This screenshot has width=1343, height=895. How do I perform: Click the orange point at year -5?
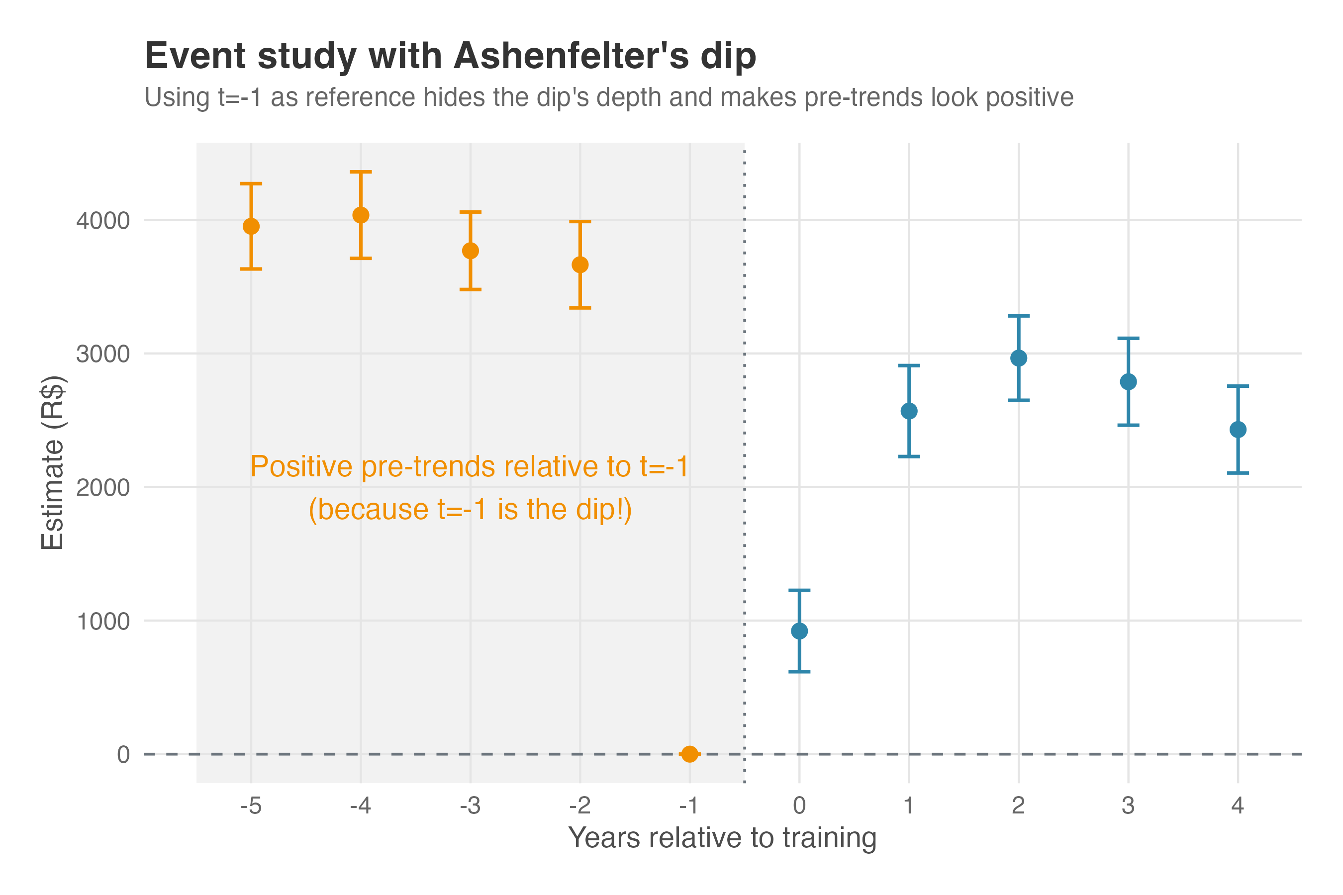coord(251,227)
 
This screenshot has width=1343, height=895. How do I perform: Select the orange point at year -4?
coord(361,215)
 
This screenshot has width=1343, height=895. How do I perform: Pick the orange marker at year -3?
coord(471,251)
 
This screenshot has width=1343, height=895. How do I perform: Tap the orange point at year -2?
coord(580,265)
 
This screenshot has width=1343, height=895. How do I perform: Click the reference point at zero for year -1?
coord(690,754)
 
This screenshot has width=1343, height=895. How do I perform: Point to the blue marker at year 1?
coord(909,411)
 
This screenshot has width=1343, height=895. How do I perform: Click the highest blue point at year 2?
coord(1019,358)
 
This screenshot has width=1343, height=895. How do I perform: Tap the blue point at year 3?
coord(1128,382)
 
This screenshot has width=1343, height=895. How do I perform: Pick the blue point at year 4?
coord(1238,429)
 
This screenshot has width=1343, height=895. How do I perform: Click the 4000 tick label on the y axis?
coord(103,221)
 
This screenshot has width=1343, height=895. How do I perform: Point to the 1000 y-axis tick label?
coord(103,622)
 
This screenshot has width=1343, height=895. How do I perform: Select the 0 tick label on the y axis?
coord(123,755)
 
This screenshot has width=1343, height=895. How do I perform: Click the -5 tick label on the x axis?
coord(251,805)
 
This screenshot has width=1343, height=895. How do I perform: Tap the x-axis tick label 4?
coord(1238,805)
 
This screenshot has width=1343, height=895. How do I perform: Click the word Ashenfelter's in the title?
coord(571,57)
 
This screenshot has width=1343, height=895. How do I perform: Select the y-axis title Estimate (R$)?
coord(53,462)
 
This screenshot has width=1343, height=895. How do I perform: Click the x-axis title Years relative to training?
coord(722,838)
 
